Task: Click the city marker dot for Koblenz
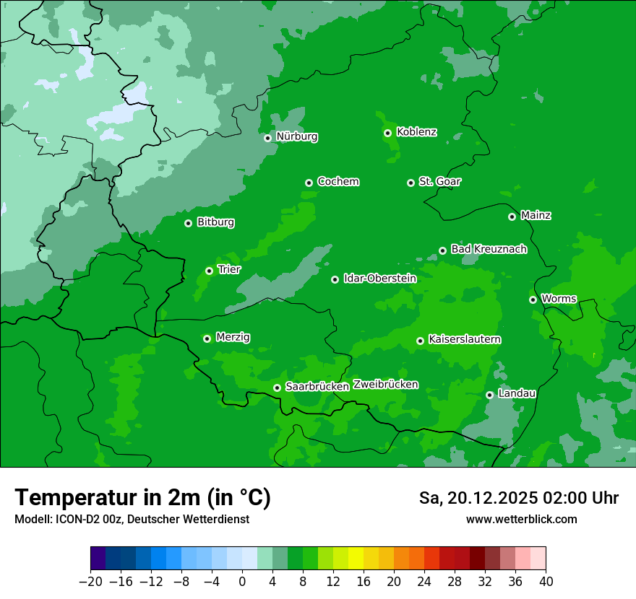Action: (388, 133)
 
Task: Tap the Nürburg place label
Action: (296, 136)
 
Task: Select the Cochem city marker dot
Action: (309, 183)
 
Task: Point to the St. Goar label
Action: (439, 181)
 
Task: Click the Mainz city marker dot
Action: (512, 217)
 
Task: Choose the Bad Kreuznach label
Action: (489, 249)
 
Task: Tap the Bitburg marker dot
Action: (189, 223)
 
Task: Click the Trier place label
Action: (229, 269)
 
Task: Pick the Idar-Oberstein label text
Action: (379, 278)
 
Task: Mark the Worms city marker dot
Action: (533, 299)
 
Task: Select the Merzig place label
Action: (233, 337)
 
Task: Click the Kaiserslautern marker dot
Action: (421, 341)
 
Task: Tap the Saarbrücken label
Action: (317, 386)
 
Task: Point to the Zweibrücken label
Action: (385, 384)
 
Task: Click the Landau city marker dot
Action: (490, 395)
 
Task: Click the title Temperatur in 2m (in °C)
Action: (143, 497)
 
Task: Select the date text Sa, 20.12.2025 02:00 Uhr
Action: (518, 498)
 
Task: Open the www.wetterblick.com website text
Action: (521, 519)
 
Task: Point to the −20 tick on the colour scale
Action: (90, 582)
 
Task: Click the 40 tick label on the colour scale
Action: (546, 582)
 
